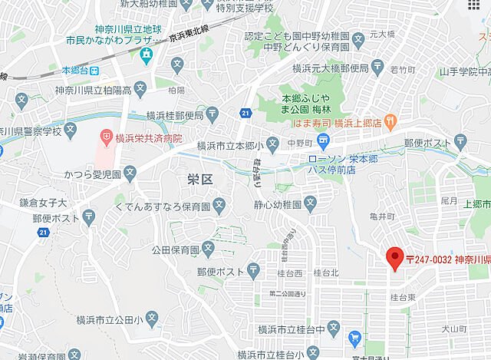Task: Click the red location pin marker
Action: click(395, 259)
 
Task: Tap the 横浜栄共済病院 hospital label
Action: click(149, 139)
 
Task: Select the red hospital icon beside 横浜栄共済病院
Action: click(106, 138)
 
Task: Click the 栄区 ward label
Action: click(199, 179)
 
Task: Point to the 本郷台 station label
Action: click(75, 71)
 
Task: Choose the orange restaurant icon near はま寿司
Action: click(390, 121)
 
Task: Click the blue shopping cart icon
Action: click(354, 338)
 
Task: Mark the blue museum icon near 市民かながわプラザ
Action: click(146, 54)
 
